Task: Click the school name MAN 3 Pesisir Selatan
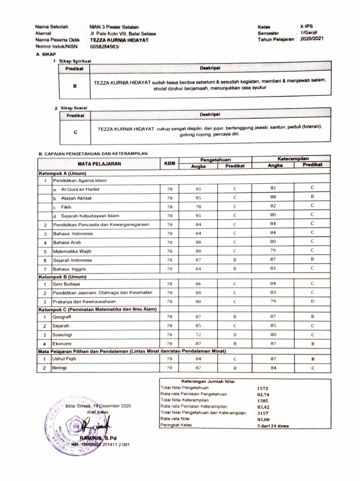[x=114, y=28]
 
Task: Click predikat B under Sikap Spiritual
[x=75, y=87]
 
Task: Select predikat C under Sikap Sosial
[x=75, y=132]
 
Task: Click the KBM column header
[x=170, y=163]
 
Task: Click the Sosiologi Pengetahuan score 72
[x=198, y=335]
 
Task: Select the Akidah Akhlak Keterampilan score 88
[x=273, y=197]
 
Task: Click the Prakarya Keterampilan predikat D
[x=312, y=301]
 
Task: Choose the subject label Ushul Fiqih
[x=64, y=359]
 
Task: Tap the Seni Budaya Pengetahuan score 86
[x=198, y=284]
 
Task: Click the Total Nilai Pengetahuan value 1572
[x=262, y=388]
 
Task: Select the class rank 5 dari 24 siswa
[x=273, y=426]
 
